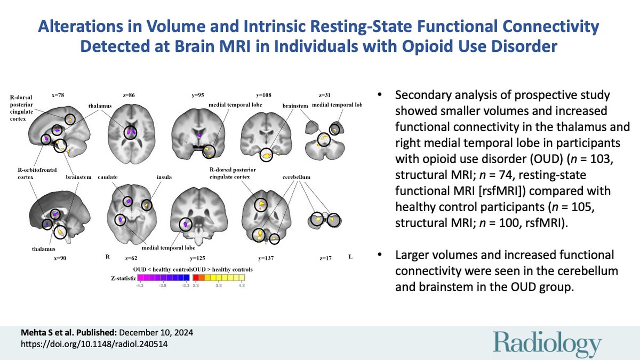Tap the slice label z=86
(129, 95)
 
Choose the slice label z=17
(325, 258)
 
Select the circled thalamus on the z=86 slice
(130, 132)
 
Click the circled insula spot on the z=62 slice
(147, 204)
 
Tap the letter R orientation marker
(107, 258)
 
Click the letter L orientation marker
(350, 258)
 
